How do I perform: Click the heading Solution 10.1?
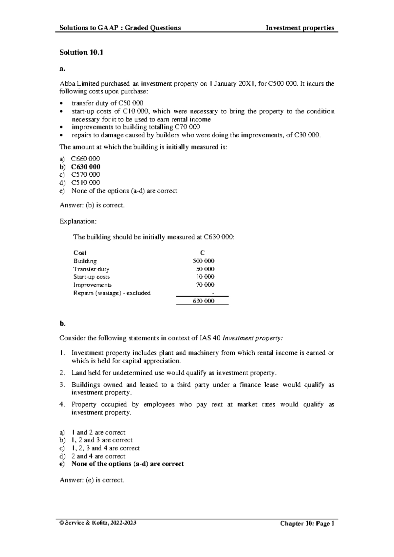coord(81,53)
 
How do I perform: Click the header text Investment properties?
coord(300,28)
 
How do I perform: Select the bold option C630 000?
coord(86,167)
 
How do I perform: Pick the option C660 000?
coord(85,159)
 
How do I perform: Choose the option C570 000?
coord(85,175)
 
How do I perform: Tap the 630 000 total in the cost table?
coord(204,301)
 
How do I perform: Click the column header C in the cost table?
coord(202,253)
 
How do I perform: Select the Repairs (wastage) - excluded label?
coord(112,293)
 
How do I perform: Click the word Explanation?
coord(78,221)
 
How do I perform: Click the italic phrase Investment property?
coord(252,338)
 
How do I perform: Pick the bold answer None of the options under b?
coord(127,464)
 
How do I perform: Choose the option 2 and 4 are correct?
coord(98,456)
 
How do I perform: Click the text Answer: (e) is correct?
coord(92,480)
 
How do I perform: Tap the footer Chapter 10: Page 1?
coord(307,524)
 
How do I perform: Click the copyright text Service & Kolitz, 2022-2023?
coord(98,523)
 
